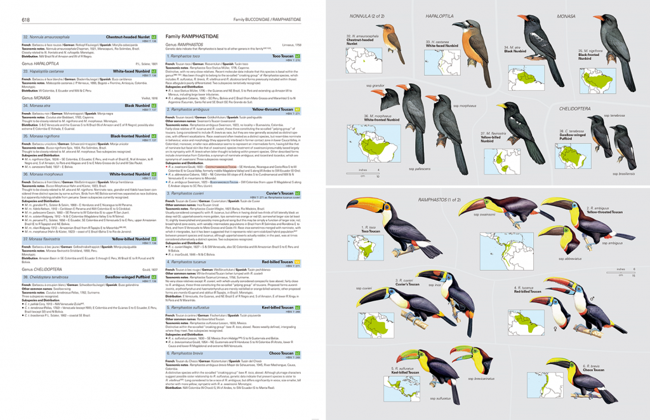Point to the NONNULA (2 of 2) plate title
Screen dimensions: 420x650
[x=371, y=16]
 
